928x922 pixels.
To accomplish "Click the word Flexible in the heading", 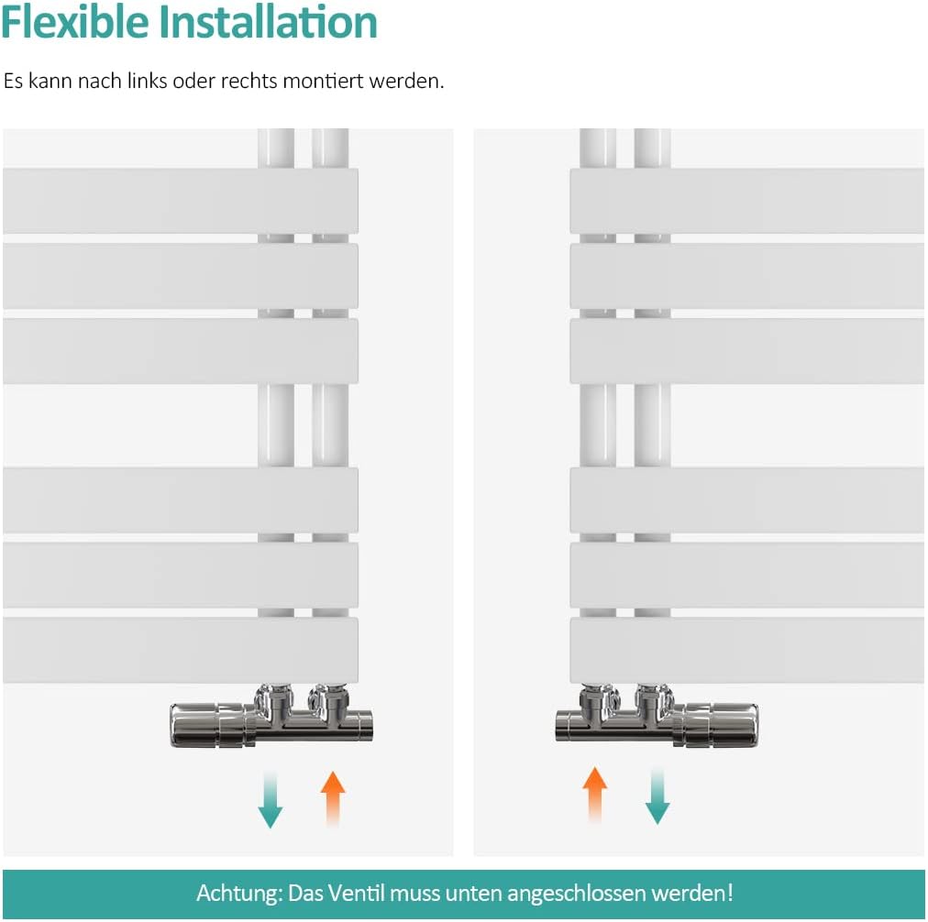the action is [x=74, y=23].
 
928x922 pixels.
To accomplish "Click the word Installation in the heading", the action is [x=268, y=23].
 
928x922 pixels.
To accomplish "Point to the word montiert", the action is [x=323, y=81].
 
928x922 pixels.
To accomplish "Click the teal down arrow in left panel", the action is [x=270, y=798].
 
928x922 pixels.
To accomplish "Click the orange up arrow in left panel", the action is [x=333, y=798].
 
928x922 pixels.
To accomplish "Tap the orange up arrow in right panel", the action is [x=595, y=795].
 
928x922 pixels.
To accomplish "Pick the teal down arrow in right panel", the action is [x=657, y=796].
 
